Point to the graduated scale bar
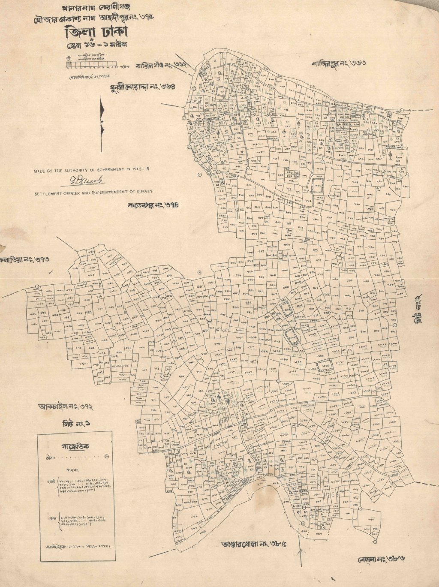click(92, 64)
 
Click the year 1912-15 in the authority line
click(141, 169)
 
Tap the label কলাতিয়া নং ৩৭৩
click(24, 259)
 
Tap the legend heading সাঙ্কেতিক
click(75, 446)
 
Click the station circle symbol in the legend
click(107, 457)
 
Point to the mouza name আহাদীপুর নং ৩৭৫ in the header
click(126, 18)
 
